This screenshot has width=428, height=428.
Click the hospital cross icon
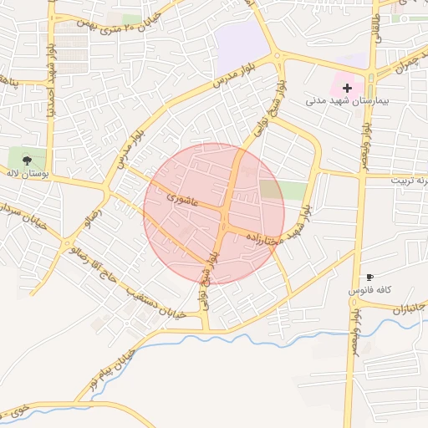pos(347,87)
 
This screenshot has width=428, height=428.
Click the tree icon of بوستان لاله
pos(28,157)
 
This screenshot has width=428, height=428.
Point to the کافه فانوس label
pos(368,290)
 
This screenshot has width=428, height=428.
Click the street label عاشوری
pos(181,200)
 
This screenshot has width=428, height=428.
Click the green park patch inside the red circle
pos(271,189)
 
